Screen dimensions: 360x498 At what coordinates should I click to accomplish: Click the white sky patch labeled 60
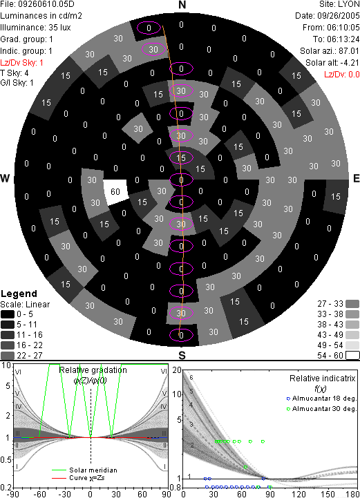coord(115,191)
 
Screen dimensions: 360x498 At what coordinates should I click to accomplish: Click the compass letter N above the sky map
coord(182,5)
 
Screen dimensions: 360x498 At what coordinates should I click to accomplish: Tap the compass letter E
coord(356,178)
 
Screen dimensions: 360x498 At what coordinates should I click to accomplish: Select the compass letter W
coord(5,178)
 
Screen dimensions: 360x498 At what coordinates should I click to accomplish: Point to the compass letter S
coord(182,356)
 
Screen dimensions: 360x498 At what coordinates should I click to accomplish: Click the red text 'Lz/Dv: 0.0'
coord(342,75)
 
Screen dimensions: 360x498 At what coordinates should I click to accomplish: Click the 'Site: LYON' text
coord(339,4)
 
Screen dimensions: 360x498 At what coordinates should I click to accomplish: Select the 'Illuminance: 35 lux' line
coord(35,28)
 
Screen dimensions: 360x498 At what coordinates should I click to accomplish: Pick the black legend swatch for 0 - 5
coord(8,314)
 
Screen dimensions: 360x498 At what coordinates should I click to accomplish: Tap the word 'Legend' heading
coord(19,294)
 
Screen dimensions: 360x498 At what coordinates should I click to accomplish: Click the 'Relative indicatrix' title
coord(322,379)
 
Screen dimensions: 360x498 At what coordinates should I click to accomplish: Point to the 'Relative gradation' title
coord(93,370)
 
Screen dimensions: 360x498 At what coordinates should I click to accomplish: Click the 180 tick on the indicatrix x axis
coord(352,494)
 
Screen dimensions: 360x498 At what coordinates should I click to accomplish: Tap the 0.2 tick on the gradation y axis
coord(6,488)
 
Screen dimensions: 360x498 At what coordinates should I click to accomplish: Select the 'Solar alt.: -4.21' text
coord(332,63)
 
